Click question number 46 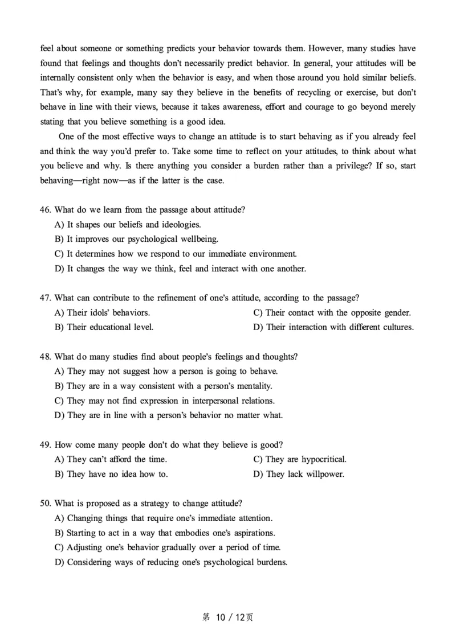pyautogui.click(x=46, y=210)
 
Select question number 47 pyautogui.click(x=46, y=298)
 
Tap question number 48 pyautogui.click(x=46, y=357)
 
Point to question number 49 pyautogui.click(x=46, y=444)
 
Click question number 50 pyautogui.click(x=46, y=504)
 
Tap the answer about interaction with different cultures pyautogui.click(x=333, y=327)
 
